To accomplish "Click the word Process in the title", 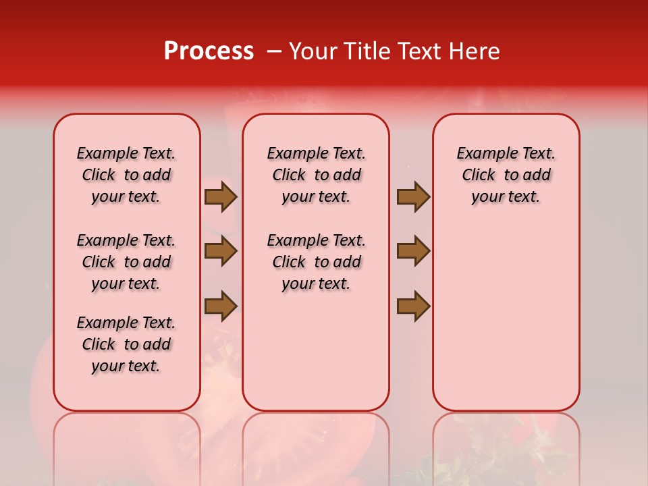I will pos(209,51).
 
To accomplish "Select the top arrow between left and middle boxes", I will pos(221,196).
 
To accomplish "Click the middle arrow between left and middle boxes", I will pos(221,251).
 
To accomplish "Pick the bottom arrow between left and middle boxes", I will pos(221,306).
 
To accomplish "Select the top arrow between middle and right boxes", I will pos(413,196).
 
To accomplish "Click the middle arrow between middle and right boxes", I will pos(413,251).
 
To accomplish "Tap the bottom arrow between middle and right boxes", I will pos(413,306).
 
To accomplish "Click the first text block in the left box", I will pos(126,175).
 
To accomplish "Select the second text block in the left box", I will pos(126,262).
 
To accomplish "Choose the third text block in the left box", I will pos(126,344).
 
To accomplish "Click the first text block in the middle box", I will pos(316,175).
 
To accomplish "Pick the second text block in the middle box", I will pos(316,262).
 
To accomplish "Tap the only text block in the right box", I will pos(506,175).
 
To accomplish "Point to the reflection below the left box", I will pos(127,446).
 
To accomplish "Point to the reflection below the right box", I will pos(506,446).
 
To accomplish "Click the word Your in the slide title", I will pos(310,51).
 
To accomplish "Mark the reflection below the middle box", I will pos(316,446).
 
